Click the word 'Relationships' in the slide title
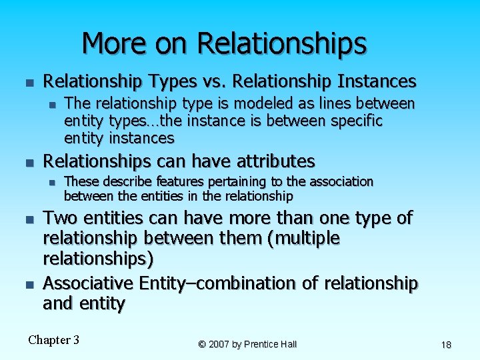pyautogui.click(x=282, y=45)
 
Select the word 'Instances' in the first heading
pyautogui.click(x=377, y=82)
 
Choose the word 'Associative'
pyautogui.click(x=87, y=283)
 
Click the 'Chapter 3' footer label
pyautogui.click(x=53, y=340)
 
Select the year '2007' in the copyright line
pyautogui.click(x=221, y=345)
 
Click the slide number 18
pyautogui.click(x=446, y=345)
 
